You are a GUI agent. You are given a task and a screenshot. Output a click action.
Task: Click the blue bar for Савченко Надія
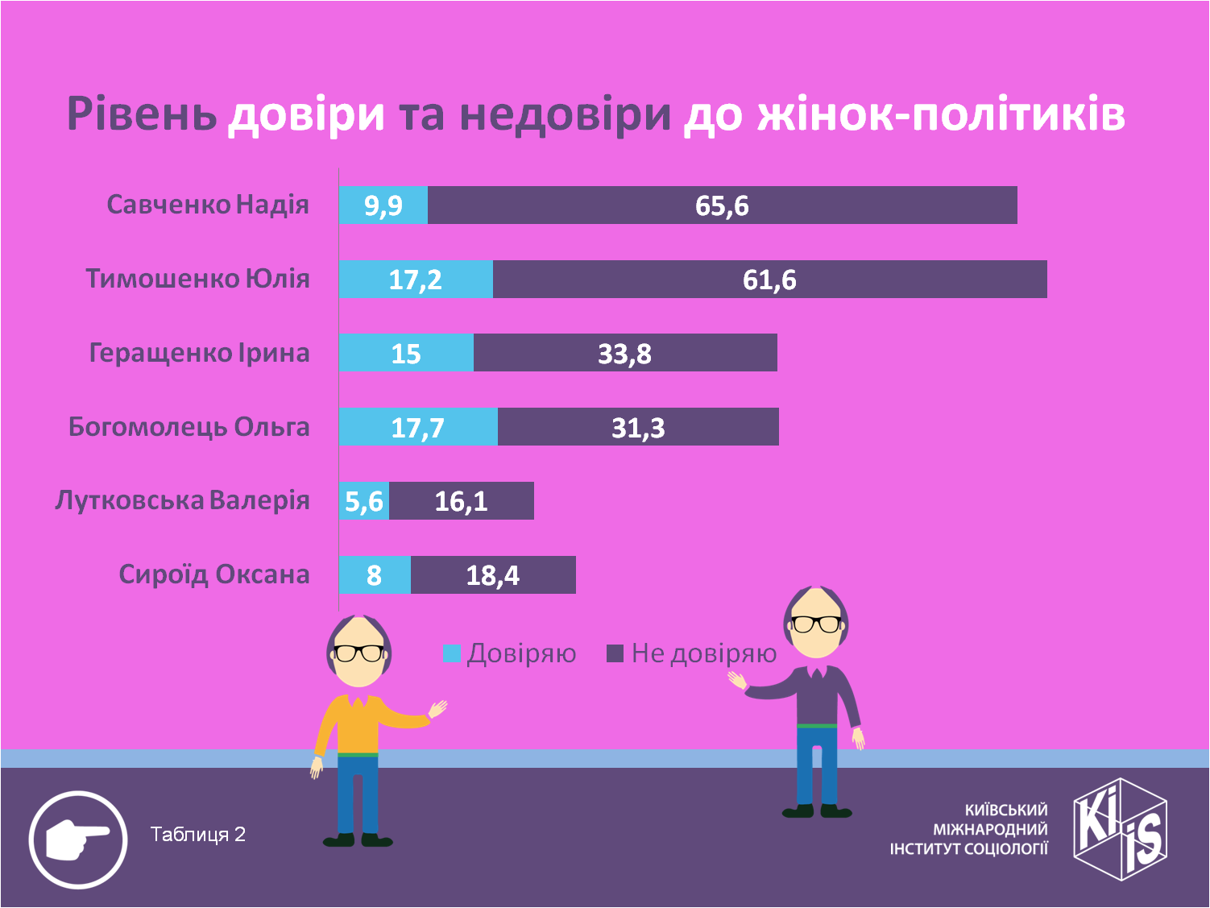pos(383,205)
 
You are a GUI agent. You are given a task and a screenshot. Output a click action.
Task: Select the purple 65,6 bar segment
pos(722,205)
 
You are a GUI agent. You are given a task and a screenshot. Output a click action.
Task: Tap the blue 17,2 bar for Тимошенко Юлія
pos(416,279)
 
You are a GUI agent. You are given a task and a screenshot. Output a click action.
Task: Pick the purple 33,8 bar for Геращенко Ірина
pos(625,353)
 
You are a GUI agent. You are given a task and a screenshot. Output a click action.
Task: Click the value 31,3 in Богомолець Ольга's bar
pos(638,427)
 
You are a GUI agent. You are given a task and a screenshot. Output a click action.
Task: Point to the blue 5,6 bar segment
pos(364,501)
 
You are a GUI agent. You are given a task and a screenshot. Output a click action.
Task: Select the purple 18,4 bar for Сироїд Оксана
pos(493,575)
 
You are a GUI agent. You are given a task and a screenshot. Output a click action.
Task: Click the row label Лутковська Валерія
pos(182,500)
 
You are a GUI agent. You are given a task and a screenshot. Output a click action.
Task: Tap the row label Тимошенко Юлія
pos(197,279)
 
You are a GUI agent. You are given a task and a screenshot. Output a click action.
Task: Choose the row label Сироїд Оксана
pos(213,574)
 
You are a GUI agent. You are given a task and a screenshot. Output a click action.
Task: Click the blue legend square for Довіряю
pos(452,653)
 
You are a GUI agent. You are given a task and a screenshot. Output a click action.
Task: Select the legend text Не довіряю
pos(703,653)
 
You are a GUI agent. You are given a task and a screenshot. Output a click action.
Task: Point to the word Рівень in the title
pos(141,114)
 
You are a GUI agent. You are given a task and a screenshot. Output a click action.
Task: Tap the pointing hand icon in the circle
pos(78,840)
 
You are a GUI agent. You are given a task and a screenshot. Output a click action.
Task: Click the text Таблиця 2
pos(197,834)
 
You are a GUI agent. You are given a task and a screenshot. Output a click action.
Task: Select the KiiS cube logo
pos(1121,828)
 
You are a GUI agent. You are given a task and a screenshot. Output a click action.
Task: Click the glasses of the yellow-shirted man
pos(359,653)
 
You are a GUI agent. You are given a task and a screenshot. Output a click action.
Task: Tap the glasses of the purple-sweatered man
pos(815,624)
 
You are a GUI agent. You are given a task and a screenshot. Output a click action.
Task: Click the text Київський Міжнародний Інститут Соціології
pos(968,828)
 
